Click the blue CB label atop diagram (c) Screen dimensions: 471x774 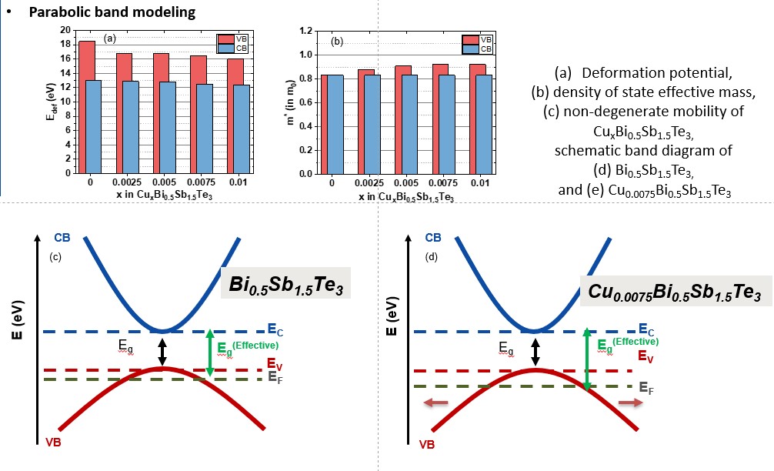pos(62,237)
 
